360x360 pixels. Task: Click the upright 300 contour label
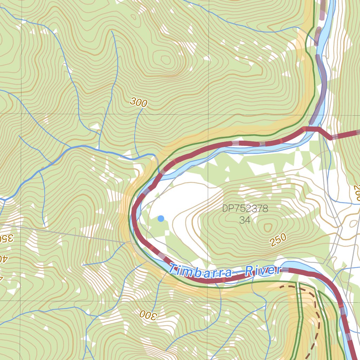tap(139, 102)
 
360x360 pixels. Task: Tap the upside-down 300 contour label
tap(147, 315)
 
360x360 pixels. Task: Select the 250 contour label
tap(278, 240)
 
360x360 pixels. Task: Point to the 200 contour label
tap(357, 193)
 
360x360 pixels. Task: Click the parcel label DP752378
tap(245, 209)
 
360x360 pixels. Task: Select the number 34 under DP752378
tap(245, 220)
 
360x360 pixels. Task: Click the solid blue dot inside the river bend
tap(161, 219)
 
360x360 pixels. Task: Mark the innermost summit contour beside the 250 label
tap(268, 227)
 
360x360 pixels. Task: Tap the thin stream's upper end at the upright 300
tap(143, 109)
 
